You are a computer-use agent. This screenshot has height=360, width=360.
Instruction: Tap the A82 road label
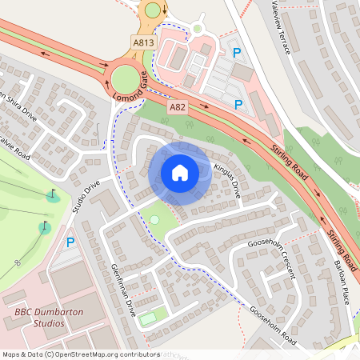[178, 106]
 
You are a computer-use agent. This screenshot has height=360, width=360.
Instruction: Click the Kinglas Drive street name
[227, 181]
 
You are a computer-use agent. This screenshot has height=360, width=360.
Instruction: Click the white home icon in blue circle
[180, 173]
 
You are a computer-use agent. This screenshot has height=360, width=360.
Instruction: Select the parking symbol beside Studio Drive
[70, 242]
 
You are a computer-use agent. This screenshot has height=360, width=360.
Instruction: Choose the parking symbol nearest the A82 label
[237, 104]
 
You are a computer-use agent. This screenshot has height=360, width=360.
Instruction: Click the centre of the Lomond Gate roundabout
[125, 78]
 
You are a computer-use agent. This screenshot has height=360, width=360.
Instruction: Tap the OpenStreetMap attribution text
[80, 354]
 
